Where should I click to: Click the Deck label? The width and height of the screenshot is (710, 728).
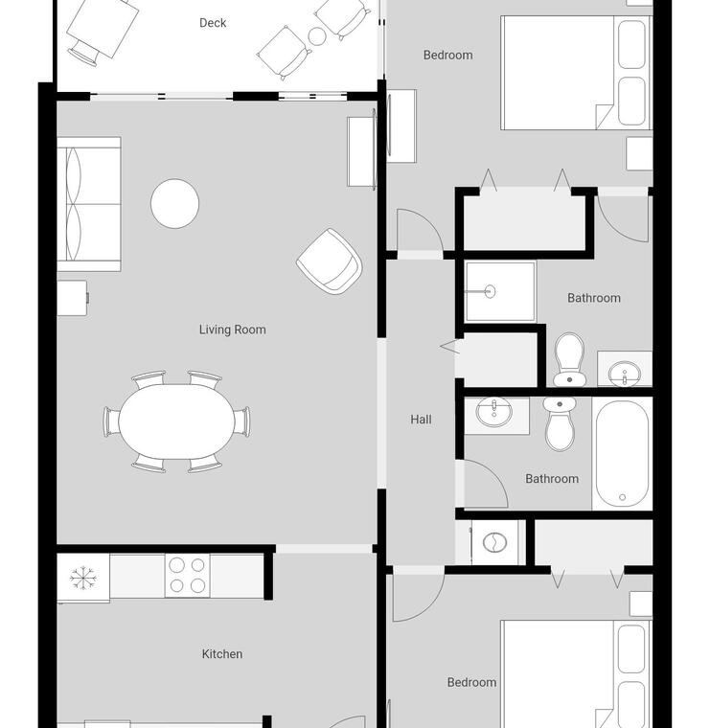213,23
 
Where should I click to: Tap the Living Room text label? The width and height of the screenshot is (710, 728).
233,330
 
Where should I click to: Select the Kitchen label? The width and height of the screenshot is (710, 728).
222,654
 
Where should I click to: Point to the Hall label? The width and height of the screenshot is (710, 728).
422,420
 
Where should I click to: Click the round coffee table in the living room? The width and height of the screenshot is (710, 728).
175,203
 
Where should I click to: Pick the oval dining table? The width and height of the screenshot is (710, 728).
176,421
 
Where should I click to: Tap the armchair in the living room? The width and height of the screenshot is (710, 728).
330,262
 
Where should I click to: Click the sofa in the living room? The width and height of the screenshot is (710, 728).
89,204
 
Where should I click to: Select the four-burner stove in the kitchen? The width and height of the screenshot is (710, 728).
187,576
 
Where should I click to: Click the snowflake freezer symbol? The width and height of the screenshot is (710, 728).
82,578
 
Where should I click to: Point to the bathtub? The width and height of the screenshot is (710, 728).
622,454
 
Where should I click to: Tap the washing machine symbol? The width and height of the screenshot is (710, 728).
495,542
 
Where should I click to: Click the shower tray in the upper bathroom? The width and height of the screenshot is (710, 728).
500,291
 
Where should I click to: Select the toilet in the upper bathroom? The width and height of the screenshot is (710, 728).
570,359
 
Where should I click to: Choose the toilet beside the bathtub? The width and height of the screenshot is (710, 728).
560,423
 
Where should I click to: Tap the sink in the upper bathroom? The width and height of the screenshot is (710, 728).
625,374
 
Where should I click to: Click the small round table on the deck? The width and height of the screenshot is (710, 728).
317,36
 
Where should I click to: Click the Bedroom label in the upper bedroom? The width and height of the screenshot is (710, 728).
448,56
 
